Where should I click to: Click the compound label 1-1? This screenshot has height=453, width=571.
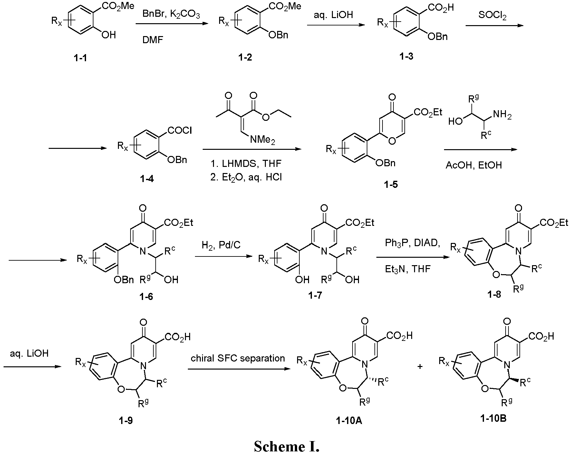[80, 58]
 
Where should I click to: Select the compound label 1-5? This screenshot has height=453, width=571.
[390, 185]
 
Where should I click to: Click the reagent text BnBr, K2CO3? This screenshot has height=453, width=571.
[171, 15]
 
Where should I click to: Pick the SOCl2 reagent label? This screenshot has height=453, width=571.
[492, 15]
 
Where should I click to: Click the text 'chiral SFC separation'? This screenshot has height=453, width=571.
[238, 358]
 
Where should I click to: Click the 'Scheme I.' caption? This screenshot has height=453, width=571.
[286, 446]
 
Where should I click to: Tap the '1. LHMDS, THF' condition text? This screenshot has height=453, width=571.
[246, 164]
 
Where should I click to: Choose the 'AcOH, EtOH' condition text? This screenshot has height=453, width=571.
[473, 165]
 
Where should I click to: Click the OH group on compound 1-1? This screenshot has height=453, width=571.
[108, 35]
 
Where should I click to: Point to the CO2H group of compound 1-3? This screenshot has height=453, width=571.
[439, 7]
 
